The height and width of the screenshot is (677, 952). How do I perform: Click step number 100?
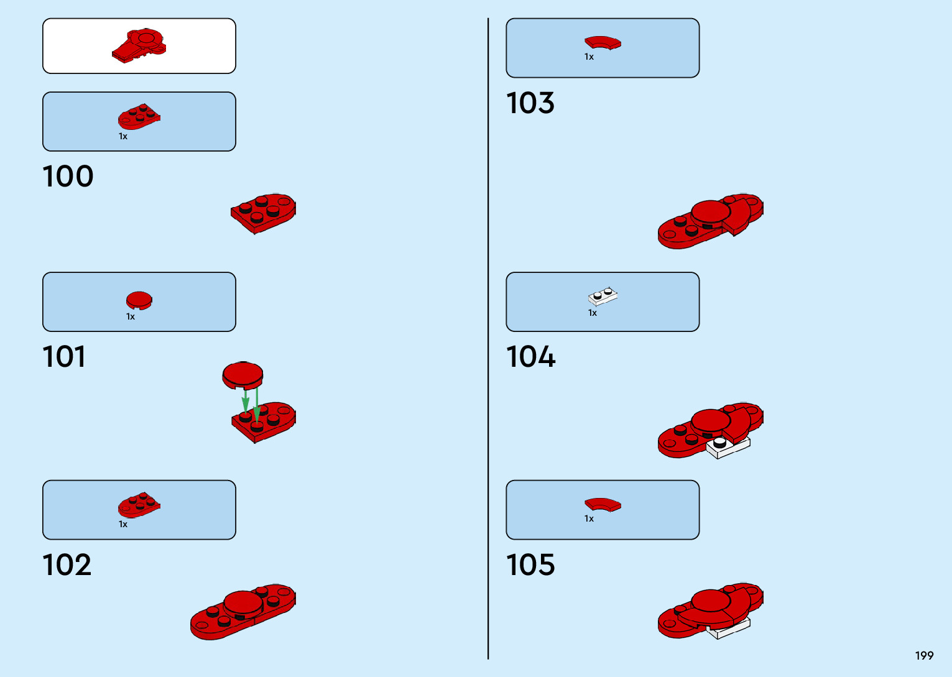(x=68, y=177)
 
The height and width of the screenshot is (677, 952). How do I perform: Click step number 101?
(x=64, y=357)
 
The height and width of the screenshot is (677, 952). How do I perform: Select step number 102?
(x=67, y=565)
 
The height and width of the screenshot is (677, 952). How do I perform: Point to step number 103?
(x=530, y=103)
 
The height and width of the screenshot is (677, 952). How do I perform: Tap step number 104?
(x=531, y=357)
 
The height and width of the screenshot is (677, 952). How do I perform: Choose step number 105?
(x=530, y=565)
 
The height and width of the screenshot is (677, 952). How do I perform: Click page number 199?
(x=924, y=656)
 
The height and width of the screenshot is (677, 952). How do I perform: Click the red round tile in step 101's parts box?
(x=139, y=301)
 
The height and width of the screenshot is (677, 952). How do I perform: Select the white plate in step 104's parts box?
(x=603, y=297)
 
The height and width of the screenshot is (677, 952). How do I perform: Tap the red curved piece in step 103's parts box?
(x=603, y=43)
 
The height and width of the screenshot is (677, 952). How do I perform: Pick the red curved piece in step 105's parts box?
(x=603, y=504)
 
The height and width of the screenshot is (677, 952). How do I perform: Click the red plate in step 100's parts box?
(x=139, y=117)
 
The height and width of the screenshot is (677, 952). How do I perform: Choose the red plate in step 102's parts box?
(x=139, y=505)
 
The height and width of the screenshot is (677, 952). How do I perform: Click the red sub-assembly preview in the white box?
(x=139, y=45)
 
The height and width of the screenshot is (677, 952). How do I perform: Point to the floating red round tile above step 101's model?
(x=243, y=375)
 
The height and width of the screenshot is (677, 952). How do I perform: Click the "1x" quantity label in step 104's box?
(x=593, y=313)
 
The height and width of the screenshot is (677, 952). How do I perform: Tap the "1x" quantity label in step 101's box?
(x=131, y=317)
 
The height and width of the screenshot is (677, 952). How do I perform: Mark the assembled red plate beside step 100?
(x=264, y=213)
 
